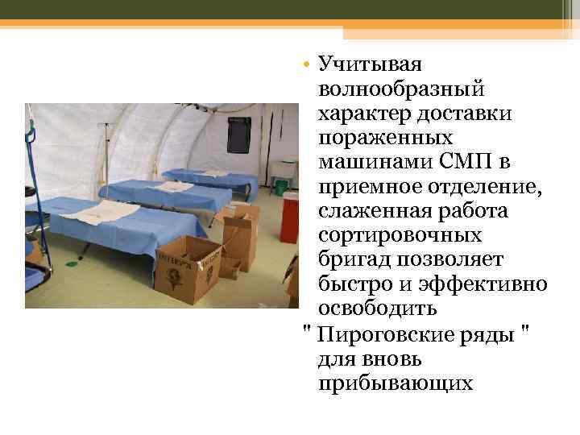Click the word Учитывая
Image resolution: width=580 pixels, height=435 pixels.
[x=371, y=64]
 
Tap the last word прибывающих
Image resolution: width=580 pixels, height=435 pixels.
[x=396, y=383]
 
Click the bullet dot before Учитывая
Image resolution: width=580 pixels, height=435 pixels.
[x=309, y=64]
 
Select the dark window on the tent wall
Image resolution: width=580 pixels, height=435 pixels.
[x=238, y=134]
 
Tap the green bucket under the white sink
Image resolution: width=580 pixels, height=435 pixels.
[x=281, y=187]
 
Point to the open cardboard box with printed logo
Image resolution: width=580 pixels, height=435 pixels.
[x=187, y=267]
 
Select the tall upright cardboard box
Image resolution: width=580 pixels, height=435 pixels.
[x=241, y=236]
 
